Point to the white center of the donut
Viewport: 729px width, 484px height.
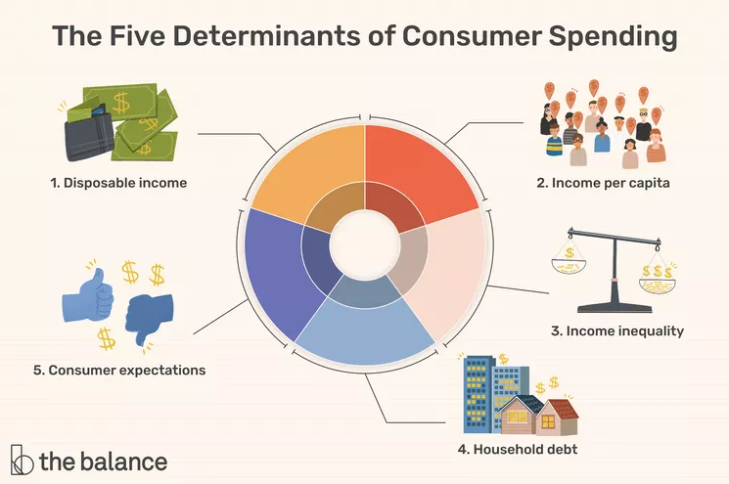coord(364,243)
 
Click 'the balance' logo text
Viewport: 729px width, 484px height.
coord(103,461)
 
